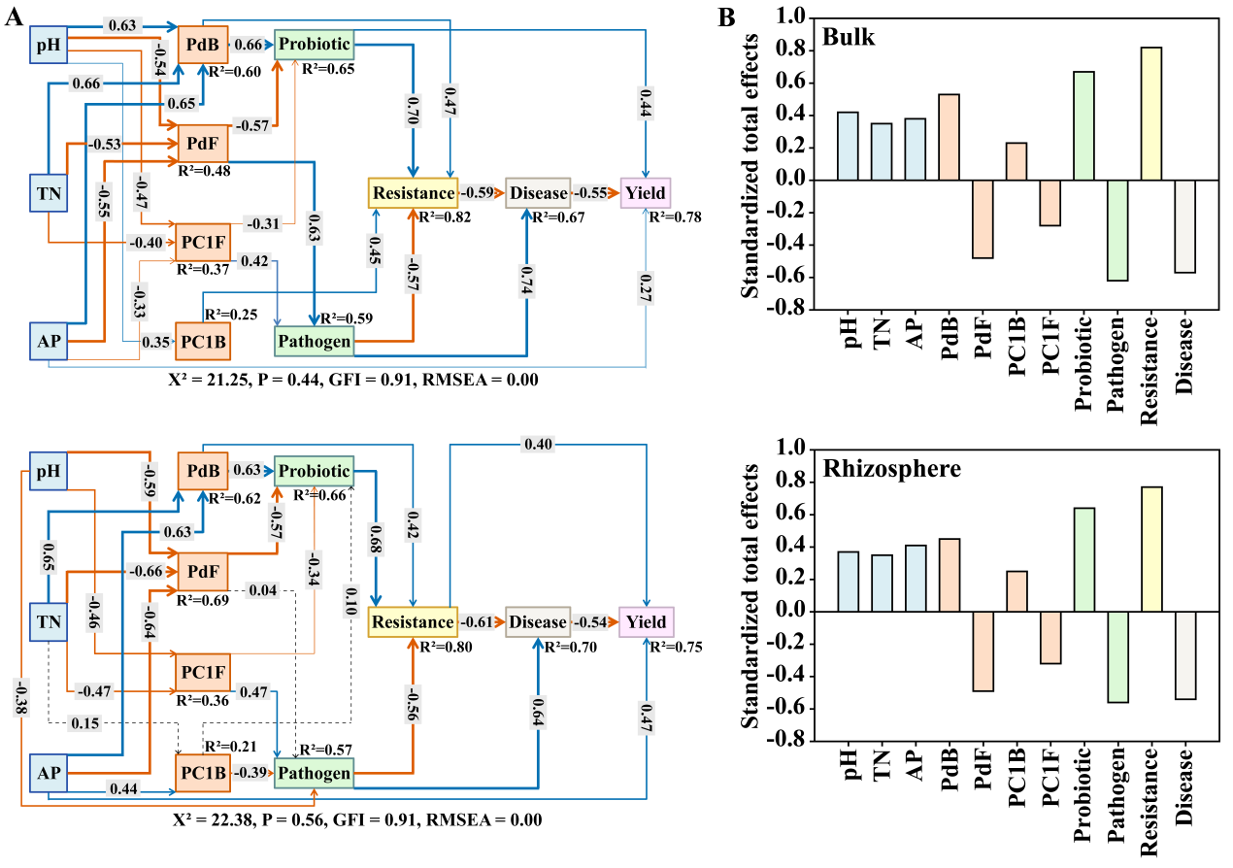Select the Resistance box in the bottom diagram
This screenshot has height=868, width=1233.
coord(412,621)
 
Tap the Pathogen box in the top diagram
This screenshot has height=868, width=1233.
coord(314,341)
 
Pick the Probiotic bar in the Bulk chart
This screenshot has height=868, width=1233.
coord(1083,126)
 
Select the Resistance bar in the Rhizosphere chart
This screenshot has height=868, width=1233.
coord(1152,550)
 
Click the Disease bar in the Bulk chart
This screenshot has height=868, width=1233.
coord(1185,226)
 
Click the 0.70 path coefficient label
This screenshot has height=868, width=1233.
coord(412,115)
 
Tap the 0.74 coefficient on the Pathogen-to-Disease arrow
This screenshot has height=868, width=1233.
coord(525,275)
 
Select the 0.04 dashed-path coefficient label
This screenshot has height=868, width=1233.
coord(262,588)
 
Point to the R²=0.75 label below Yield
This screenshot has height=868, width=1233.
coord(677,648)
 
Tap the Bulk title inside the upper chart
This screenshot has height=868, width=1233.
coord(848,38)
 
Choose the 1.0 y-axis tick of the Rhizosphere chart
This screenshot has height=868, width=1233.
coord(792,450)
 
